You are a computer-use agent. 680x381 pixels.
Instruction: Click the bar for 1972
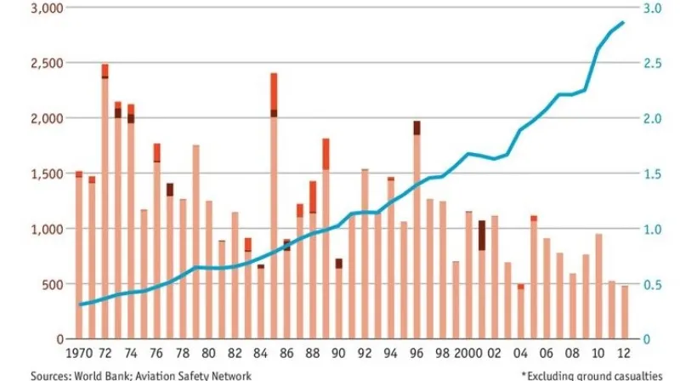coord(105,204)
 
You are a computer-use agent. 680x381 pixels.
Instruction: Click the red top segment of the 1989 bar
coord(326,153)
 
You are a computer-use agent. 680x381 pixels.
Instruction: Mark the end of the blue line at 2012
coord(623,23)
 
